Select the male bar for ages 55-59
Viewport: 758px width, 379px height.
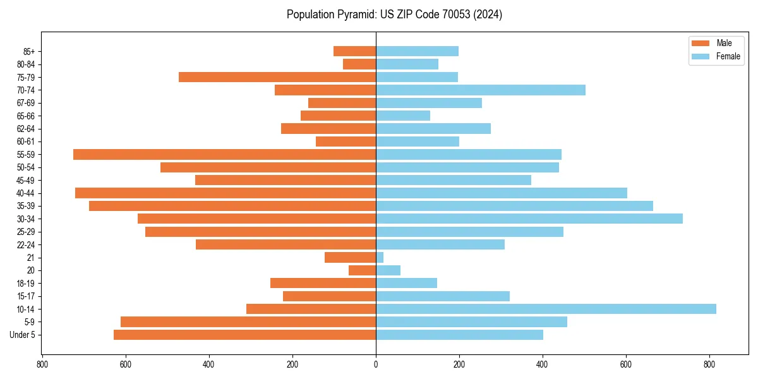tap(224, 154)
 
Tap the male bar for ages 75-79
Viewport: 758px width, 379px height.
tap(277, 77)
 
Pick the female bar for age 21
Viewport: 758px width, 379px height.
tap(380, 257)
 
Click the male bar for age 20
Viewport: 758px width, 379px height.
tap(363, 270)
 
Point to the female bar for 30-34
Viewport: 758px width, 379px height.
tap(529, 219)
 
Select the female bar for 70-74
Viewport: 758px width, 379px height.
tap(481, 90)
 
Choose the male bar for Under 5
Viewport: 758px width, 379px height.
tap(244, 335)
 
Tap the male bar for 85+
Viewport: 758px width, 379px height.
tap(355, 51)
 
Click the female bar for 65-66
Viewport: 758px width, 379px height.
tap(403, 116)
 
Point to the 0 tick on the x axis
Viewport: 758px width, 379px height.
tap(376, 364)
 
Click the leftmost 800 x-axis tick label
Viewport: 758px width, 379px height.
tap(42, 364)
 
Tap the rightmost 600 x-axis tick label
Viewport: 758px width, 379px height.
tap(626, 364)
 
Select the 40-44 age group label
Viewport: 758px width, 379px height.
tap(26, 193)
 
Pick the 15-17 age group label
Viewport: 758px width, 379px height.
tap(26, 296)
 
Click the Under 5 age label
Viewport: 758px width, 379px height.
tap(23, 335)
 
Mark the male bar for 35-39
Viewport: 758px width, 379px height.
tap(232, 206)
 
